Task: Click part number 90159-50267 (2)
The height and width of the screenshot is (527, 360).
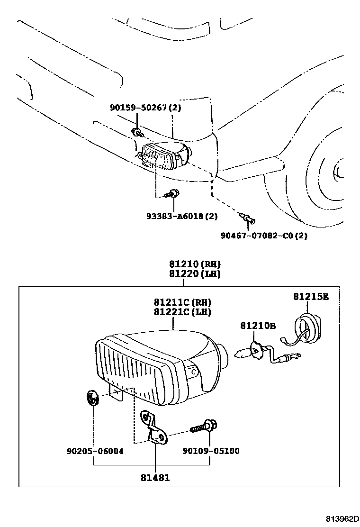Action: click(x=145, y=108)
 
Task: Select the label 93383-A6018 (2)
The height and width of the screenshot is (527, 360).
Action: click(x=182, y=216)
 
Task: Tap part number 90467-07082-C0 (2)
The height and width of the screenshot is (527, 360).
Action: click(x=264, y=236)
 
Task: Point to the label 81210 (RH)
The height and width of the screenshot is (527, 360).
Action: click(x=195, y=264)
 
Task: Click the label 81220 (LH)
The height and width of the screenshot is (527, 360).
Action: click(x=195, y=274)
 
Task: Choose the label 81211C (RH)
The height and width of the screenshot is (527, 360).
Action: click(x=183, y=302)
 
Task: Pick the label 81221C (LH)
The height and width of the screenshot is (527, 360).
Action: click(x=183, y=312)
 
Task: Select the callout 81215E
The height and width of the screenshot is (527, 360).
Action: click(x=311, y=297)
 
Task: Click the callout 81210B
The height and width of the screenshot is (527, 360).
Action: click(x=258, y=325)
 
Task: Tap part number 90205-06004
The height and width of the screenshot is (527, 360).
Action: click(x=95, y=451)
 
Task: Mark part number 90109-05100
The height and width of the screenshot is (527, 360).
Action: click(x=211, y=451)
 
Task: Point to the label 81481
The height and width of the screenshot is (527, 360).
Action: click(x=155, y=478)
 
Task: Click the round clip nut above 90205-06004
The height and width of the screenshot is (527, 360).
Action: click(x=92, y=398)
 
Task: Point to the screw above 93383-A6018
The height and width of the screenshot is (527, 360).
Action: click(x=172, y=194)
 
